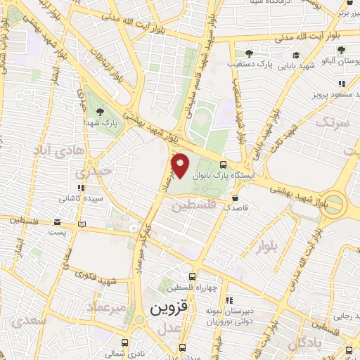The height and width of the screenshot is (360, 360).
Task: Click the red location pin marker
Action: click(181, 165)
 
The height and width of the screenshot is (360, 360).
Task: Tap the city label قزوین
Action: click(168, 308)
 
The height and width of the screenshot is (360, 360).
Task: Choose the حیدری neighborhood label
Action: click(95, 171)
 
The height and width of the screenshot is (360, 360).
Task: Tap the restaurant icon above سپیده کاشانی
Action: click(82, 188)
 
